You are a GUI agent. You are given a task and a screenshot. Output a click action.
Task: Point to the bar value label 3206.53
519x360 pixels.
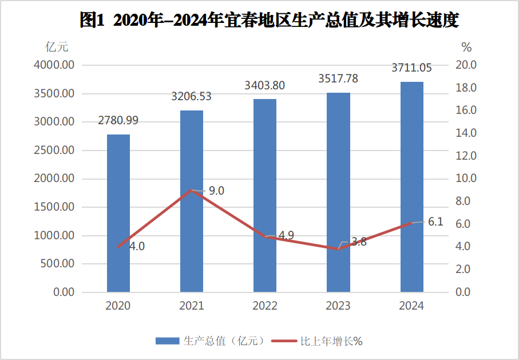point(192,97)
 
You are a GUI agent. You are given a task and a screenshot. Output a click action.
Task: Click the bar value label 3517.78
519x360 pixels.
point(338,79)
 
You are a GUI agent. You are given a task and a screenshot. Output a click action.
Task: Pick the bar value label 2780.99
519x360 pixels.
point(118,121)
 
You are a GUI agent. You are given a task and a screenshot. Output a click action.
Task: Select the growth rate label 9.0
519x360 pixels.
point(216,191)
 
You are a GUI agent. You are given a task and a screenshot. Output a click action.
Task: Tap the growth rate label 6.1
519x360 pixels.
point(435,222)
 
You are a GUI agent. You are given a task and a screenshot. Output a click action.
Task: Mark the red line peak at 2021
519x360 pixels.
point(192,190)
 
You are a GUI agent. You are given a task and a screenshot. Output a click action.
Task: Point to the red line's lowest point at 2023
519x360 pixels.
point(338,249)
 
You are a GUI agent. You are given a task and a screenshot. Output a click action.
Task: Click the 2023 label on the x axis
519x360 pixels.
point(338,306)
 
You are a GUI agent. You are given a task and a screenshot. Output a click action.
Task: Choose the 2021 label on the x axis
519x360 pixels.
point(192,306)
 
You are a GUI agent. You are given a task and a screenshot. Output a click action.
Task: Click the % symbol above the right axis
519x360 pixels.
point(466,46)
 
